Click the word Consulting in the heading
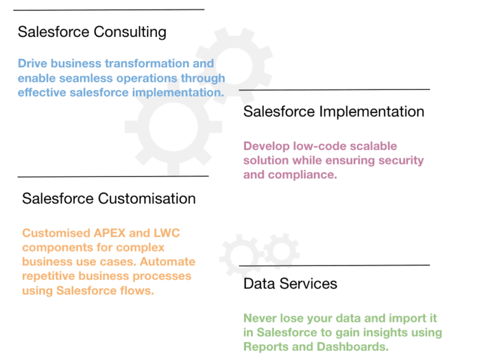(130, 32)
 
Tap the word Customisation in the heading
(147, 198)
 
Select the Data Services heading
(290, 284)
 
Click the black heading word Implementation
(372, 112)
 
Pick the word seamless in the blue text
(86, 78)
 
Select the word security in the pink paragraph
(401, 161)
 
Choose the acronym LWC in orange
(167, 233)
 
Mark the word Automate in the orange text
(168, 262)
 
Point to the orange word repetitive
(48, 276)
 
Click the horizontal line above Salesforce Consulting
(109, 10)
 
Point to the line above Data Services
(334, 265)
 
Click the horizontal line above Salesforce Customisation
(113, 177)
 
